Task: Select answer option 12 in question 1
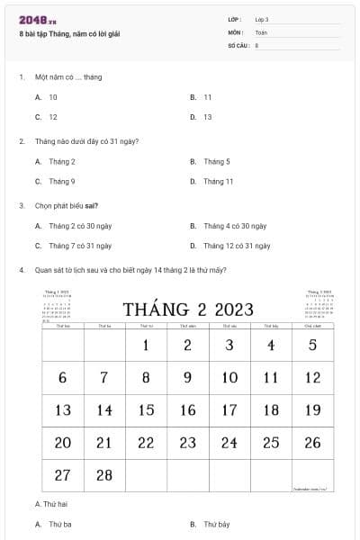point(52,117)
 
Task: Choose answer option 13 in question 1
point(207,117)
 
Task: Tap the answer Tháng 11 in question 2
point(218,181)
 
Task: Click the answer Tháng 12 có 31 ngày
point(237,245)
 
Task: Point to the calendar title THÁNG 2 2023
point(189,310)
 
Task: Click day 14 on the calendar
point(104,410)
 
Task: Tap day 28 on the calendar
point(104,475)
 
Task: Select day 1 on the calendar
point(146,346)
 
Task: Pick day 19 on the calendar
point(312,410)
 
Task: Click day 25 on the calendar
point(271,443)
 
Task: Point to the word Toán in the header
point(261,31)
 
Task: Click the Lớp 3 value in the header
point(262,19)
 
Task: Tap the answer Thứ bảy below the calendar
point(216,524)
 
